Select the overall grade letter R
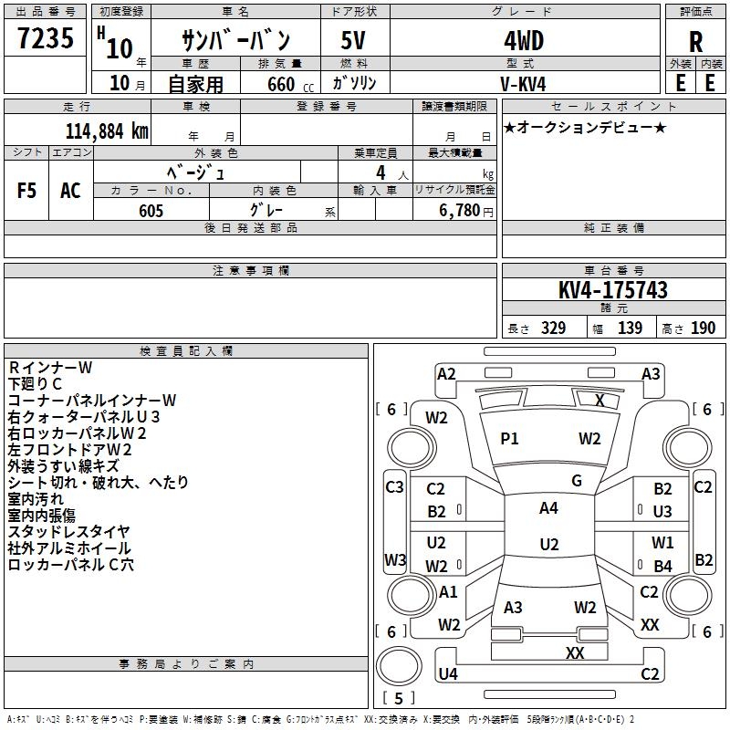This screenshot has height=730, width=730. (x=695, y=42)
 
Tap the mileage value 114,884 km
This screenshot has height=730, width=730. (x=107, y=130)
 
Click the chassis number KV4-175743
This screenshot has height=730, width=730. (x=612, y=291)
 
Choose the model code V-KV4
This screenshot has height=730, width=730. (x=524, y=83)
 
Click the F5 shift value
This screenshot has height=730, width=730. (x=27, y=190)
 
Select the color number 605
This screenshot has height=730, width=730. (x=151, y=211)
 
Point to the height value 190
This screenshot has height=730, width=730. (x=703, y=328)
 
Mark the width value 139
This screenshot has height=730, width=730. (x=630, y=328)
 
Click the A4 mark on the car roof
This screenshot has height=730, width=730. (x=548, y=508)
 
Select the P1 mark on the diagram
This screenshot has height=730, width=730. (x=509, y=439)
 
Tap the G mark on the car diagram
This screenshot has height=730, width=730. (x=577, y=481)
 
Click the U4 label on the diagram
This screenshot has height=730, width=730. (x=447, y=674)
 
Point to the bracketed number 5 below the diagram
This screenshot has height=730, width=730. (x=398, y=699)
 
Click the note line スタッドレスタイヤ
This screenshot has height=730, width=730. (x=69, y=532)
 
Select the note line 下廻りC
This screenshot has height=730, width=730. (x=35, y=383)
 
